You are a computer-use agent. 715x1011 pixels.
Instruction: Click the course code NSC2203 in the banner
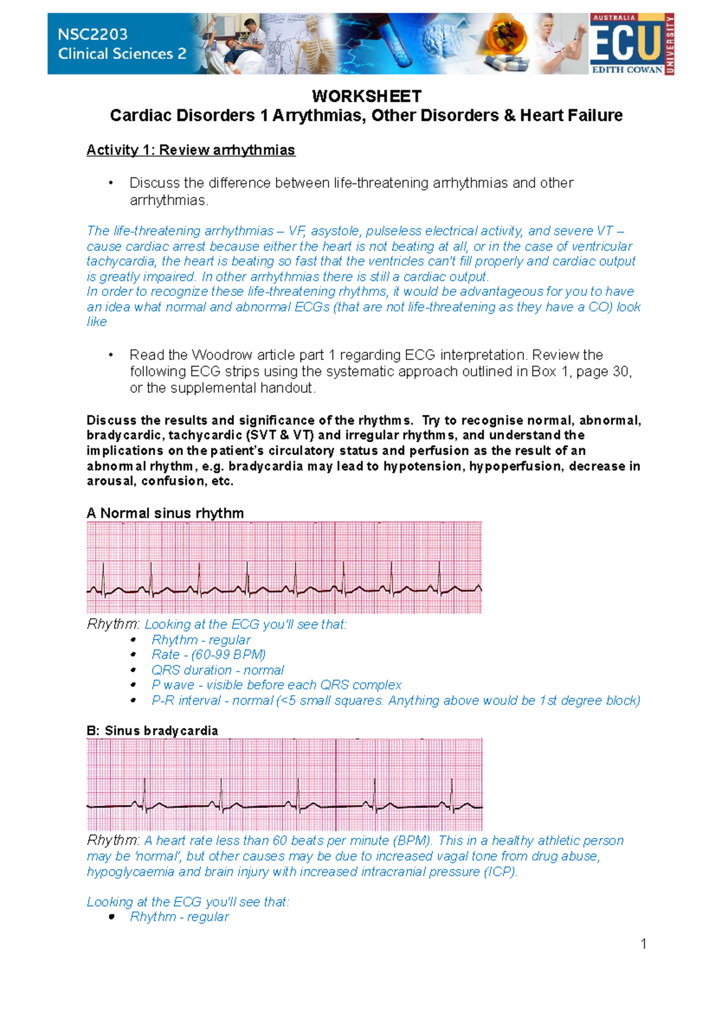(x=92, y=34)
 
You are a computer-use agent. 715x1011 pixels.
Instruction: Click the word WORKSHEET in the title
(x=366, y=96)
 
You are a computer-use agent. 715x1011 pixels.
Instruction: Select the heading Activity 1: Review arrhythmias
(x=191, y=150)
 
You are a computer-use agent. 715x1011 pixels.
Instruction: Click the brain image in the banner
(x=442, y=39)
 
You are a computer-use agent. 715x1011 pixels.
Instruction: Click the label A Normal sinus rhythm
(x=165, y=513)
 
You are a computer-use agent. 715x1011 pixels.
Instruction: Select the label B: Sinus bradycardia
(x=152, y=731)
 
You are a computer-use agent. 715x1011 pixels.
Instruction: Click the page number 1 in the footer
(x=643, y=944)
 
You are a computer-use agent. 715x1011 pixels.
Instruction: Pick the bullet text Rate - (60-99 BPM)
(x=209, y=655)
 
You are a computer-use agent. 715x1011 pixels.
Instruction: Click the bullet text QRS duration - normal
(x=217, y=670)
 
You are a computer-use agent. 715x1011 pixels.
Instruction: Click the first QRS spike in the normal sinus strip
(x=103, y=578)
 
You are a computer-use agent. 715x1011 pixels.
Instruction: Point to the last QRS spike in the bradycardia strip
(x=452, y=792)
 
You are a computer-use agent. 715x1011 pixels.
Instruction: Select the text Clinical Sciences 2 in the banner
(x=122, y=54)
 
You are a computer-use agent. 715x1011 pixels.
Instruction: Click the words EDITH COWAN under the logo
(x=627, y=70)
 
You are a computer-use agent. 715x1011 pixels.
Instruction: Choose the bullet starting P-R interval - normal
(x=396, y=701)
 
